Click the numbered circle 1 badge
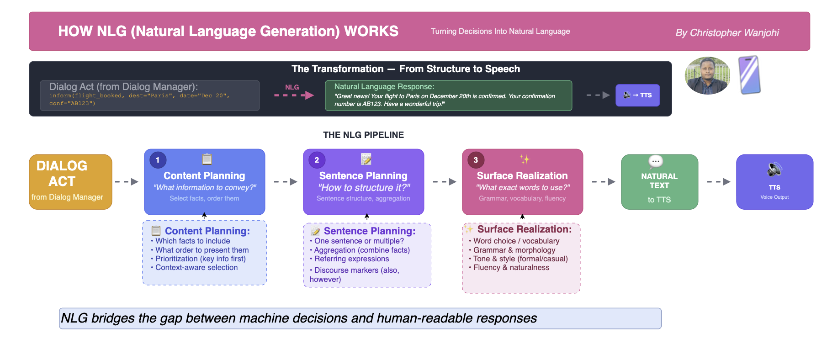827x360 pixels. pyautogui.click(x=158, y=160)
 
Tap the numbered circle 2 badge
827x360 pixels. pyautogui.click(x=317, y=160)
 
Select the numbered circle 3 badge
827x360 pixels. pyautogui.click(x=476, y=160)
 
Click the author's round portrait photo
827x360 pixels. pyautogui.click(x=707, y=75)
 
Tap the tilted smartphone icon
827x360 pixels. pyautogui.click(x=749, y=75)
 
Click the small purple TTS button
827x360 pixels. pyautogui.click(x=637, y=95)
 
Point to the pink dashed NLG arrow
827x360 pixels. pyautogui.click(x=294, y=95)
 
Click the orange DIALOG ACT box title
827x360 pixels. pyautogui.click(x=62, y=174)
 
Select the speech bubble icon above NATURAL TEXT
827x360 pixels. pyautogui.click(x=656, y=161)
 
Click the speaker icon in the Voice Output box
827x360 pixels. pyautogui.click(x=774, y=169)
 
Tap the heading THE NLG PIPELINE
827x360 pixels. pyautogui.click(x=363, y=135)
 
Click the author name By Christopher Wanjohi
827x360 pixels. pyautogui.click(x=727, y=32)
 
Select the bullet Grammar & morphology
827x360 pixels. pyautogui.click(x=512, y=250)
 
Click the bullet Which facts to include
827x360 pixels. pyautogui.click(x=191, y=241)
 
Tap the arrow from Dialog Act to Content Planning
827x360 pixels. pyautogui.click(x=127, y=182)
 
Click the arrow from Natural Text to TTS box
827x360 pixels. pyautogui.click(x=719, y=182)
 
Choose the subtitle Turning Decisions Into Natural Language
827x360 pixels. pyautogui.click(x=500, y=31)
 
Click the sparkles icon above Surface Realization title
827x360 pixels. pyautogui.click(x=525, y=159)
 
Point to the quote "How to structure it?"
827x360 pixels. pyautogui.click(x=364, y=187)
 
